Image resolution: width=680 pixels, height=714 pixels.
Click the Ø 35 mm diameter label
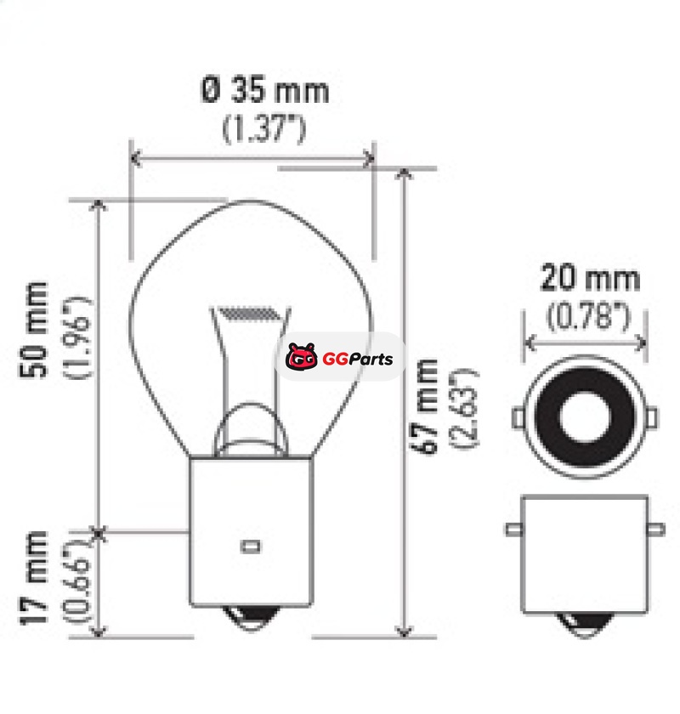click(264, 90)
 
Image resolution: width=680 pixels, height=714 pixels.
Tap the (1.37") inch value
click(263, 129)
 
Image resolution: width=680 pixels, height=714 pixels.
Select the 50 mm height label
click(33, 330)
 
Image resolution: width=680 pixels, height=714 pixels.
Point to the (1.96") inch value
click(77, 337)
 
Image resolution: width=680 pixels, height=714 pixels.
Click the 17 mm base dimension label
click(33, 577)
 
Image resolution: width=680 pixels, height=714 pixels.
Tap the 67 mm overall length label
click(423, 406)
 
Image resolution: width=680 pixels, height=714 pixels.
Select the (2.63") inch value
click(465, 409)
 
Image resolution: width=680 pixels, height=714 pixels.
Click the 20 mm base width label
click(590, 278)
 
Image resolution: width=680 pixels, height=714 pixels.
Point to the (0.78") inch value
click(588, 316)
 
